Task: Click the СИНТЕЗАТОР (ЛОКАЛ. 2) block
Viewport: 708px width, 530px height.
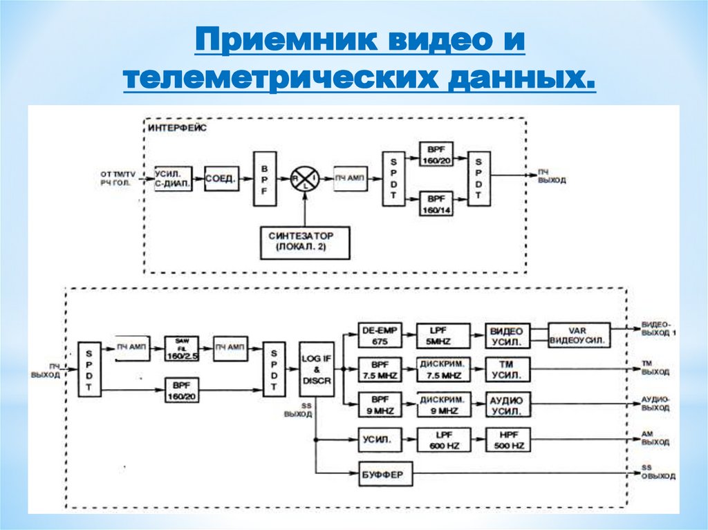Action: (305, 242)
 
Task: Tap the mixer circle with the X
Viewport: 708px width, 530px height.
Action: (305, 178)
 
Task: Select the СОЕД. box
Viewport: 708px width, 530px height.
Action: (221, 178)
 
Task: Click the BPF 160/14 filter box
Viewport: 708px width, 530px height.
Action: (436, 203)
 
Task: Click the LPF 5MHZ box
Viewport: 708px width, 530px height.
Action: (442, 336)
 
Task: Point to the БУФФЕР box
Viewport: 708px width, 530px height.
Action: (385, 475)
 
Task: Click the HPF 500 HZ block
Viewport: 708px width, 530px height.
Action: (509, 440)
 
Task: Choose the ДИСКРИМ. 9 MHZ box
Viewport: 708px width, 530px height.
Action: (442, 405)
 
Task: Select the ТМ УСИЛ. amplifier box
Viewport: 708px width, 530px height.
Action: (507, 370)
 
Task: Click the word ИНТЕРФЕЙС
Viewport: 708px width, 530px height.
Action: (176, 128)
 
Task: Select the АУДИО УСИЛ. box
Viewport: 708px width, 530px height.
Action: (507, 405)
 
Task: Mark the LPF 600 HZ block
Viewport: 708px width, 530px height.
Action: (442, 440)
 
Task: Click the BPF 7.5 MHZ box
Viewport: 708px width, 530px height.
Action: (380, 370)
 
